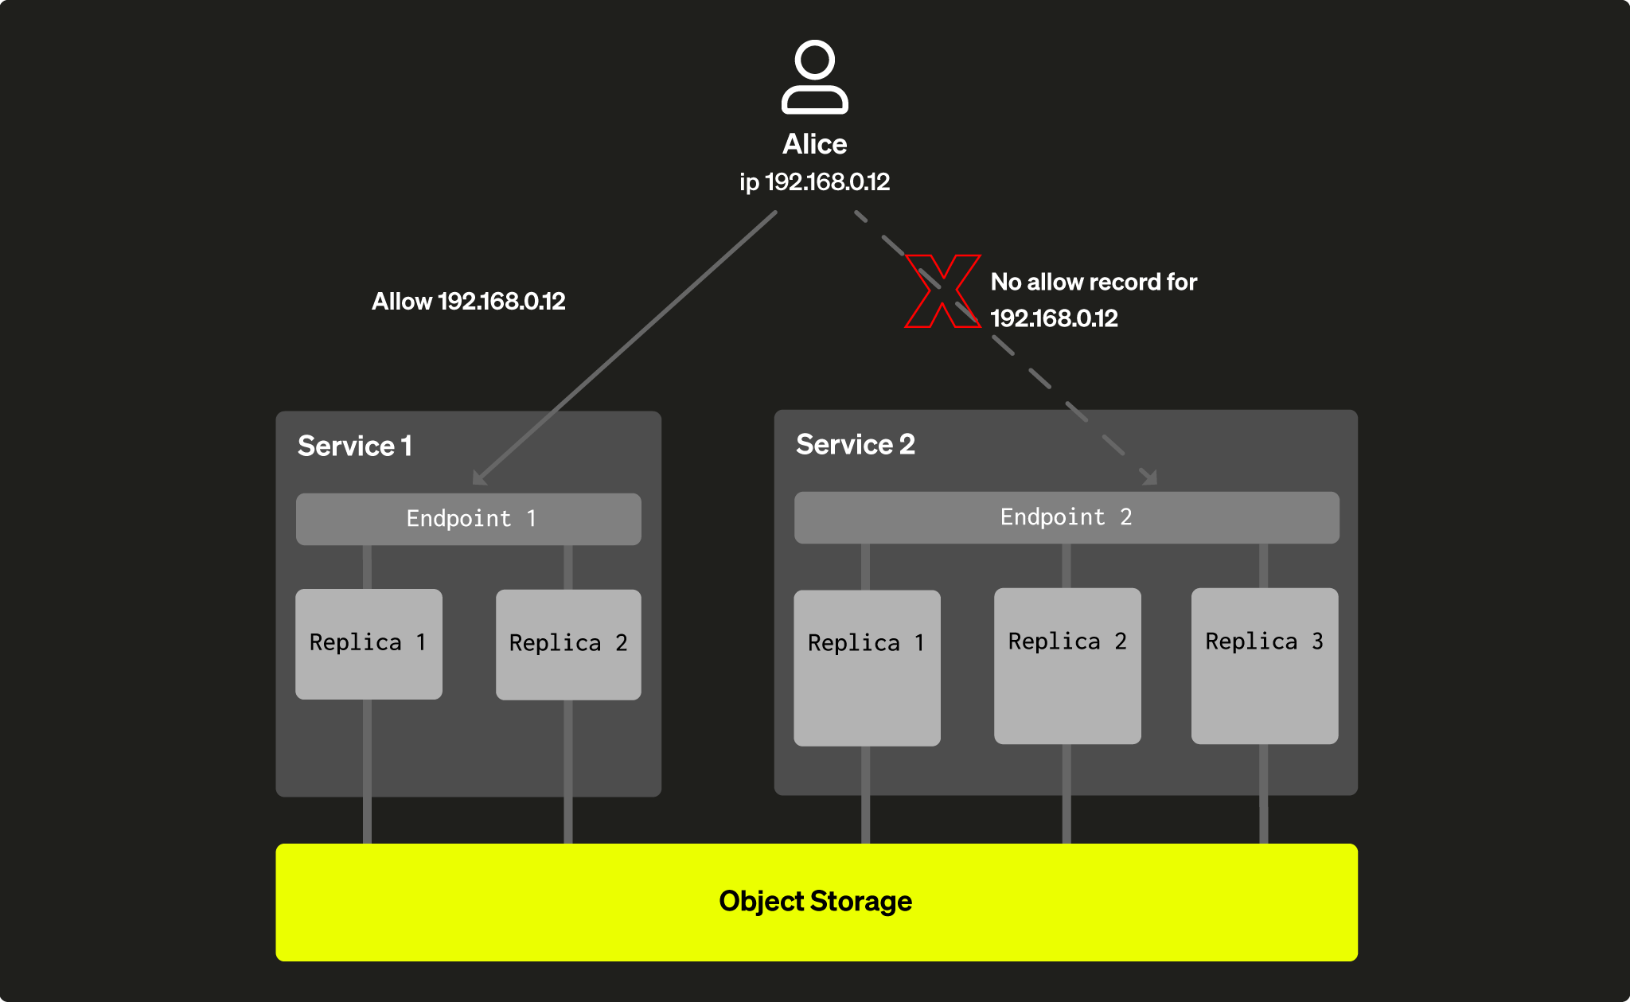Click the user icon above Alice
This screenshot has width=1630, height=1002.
[x=814, y=77]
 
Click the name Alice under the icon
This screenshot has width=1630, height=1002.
[x=814, y=144]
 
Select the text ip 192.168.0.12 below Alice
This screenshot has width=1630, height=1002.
[x=814, y=182]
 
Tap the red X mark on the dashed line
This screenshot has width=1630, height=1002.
[x=942, y=291]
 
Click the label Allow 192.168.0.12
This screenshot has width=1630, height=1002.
[x=468, y=302]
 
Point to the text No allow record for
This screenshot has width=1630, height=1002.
[x=1093, y=283]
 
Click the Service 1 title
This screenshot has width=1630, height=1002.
[x=355, y=446]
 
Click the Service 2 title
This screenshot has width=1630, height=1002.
[x=855, y=444]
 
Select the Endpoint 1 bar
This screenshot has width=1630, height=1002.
[x=468, y=519]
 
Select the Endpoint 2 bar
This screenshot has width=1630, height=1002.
[x=1066, y=517]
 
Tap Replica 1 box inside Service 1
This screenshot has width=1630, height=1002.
[x=369, y=644]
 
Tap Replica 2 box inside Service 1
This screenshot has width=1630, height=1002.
[x=568, y=645]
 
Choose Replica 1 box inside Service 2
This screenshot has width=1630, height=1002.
[x=867, y=668]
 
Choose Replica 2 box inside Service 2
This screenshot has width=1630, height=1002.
[x=1067, y=666]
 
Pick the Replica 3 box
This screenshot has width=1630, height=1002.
[x=1264, y=666]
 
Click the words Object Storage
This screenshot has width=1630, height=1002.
[x=815, y=902]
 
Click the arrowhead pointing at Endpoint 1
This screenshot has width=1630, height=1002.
[x=479, y=478]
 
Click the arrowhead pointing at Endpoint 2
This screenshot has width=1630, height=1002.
[x=1149, y=478]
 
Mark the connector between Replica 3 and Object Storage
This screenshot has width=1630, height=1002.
[x=1263, y=793]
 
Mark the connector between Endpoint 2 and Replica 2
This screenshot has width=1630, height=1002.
[x=1066, y=566]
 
